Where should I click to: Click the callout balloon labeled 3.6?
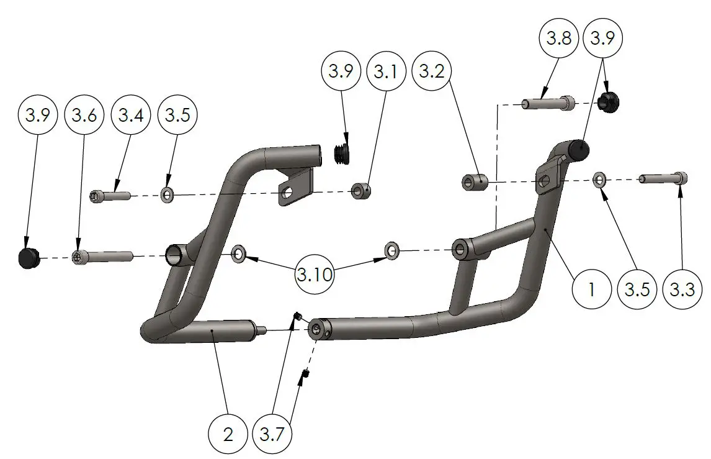84,116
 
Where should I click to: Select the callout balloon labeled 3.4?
130,116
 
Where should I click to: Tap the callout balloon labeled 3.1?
385,71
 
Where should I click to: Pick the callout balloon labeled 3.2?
432,71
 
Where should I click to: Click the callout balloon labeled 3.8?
557,39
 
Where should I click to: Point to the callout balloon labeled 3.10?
314,275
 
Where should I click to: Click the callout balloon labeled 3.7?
274,435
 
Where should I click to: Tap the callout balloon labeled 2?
228,435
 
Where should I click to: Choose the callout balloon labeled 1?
591,290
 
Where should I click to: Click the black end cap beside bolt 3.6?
28,257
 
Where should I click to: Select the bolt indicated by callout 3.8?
549,102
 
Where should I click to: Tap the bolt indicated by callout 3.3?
664,178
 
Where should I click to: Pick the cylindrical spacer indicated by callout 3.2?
475,182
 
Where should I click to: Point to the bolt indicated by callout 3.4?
112,196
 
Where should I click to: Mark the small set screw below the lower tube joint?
305,374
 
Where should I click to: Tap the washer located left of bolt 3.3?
599,180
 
